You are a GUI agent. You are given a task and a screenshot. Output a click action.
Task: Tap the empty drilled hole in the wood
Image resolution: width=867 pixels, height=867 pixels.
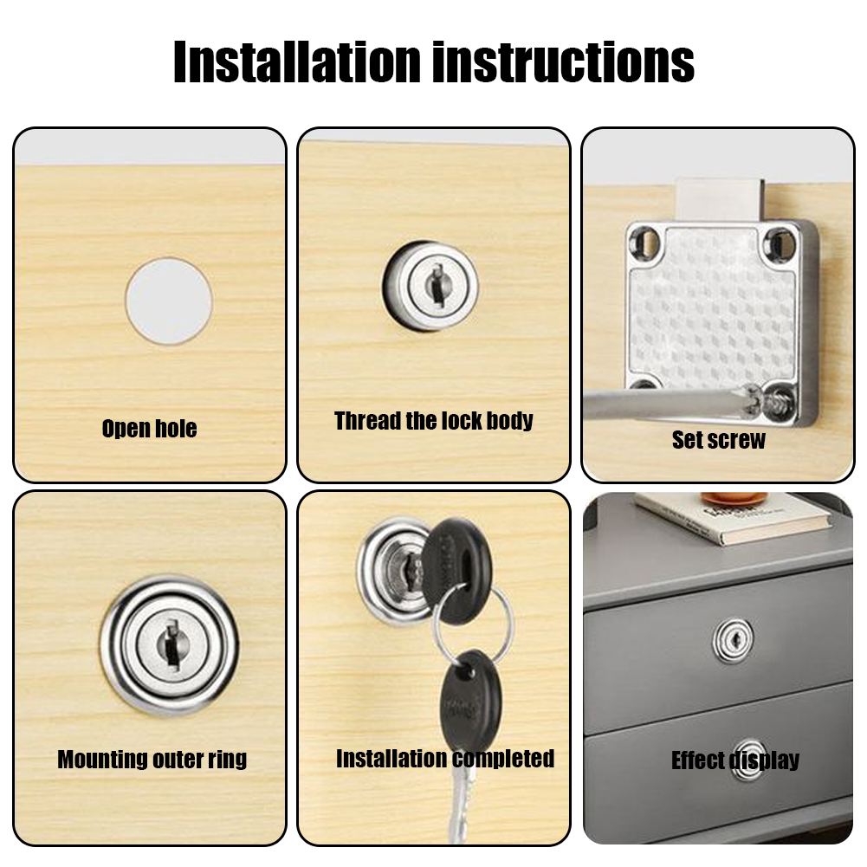[x=169, y=300]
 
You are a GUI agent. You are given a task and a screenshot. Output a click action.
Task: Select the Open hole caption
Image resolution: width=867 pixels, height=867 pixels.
[x=149, y=429]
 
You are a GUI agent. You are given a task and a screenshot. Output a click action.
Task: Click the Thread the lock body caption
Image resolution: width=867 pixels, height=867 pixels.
[x=434, y=421]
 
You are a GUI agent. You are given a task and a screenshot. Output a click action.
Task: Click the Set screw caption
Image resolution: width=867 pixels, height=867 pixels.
[x=719, y=440]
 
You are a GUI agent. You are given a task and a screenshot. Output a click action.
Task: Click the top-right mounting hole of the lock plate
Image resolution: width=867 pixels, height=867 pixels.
[x=780, y=242]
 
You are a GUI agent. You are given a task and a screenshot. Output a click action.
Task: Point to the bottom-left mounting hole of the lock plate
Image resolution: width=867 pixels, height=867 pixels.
[x=643, y=386]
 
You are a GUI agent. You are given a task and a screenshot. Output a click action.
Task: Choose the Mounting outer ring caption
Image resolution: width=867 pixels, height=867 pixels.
[x=152, y=760]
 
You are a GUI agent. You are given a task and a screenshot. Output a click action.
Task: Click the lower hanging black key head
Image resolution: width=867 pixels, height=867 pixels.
[x=466, y=693]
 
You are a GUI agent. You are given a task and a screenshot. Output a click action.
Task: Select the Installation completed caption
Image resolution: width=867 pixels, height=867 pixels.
[x=444, y=759]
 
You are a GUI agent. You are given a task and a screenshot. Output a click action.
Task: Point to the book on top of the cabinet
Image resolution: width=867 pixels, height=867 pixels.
[x=733, y=517]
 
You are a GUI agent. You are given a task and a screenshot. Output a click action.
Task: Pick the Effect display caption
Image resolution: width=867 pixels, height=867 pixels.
[x=734, y=760]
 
